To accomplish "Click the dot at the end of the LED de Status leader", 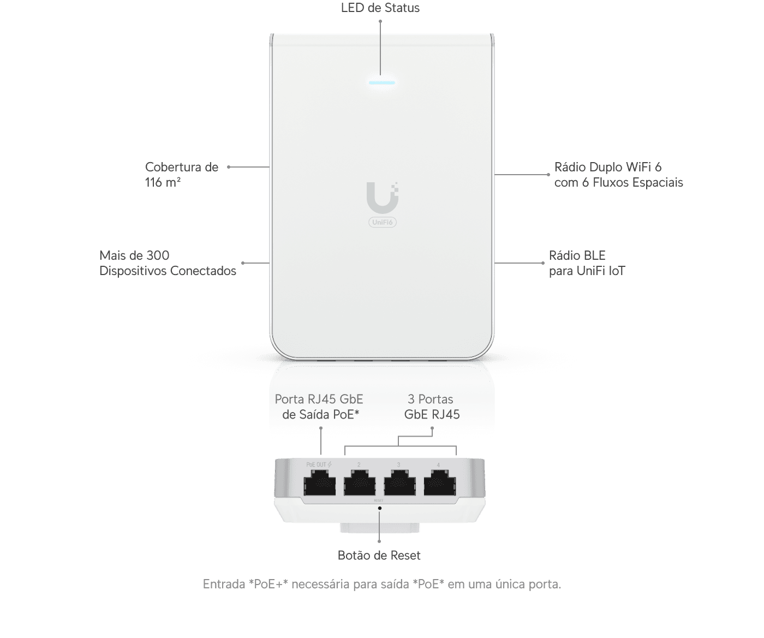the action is coord(380,21).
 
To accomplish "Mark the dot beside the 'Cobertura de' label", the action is coord(229,167).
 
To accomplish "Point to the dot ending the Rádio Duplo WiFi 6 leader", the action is coord(548,175).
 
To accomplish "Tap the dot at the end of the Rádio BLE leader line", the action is coord(543,263).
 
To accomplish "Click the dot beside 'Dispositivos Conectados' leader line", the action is coord(243,263).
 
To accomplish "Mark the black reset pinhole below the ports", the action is coord(379,508).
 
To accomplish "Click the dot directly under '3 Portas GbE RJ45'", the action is coord(432,428).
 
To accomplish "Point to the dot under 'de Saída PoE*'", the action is coord(321,428).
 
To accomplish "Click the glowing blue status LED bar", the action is coord(382,83).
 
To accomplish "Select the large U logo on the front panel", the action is coord(383,198).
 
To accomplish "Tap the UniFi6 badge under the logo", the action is coord(383,222).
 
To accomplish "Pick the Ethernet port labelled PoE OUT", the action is coord(319,482).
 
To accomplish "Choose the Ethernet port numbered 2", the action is coord(360,482).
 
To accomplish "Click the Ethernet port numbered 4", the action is coord(440,482).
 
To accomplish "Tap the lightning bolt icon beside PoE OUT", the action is coord(330,464).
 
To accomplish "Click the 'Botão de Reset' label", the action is coord(379,555).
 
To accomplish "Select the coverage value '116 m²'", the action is coord(163,182).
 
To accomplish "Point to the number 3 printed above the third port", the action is coord(398,465).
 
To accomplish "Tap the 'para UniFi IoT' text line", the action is coord(587,271).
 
